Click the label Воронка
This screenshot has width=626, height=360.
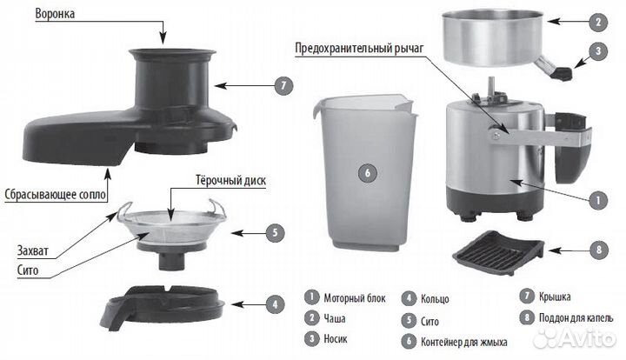pyautogui.click(x=55, y=14)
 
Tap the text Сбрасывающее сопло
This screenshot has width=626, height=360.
pyautogui.click(x=56, y=195)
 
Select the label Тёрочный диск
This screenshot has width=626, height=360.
pyautogui.click(x=230, y=180)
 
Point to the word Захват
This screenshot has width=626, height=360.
pyautogui.click(x=33, y=250)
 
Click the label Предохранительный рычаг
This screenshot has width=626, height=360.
pyautogui.click(x=359, y=49)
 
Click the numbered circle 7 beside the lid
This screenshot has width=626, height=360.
pyautogui.click(x=283, y=86)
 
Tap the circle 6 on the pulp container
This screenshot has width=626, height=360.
pyautogui.click(x=368, y=173)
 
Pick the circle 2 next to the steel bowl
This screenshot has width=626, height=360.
pyautogui.click(x=598, y=22)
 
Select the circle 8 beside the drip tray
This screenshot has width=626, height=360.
pyautogui.click(x=599, y=250)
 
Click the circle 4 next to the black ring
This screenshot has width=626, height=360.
pyautogui.click(x=275, y=304)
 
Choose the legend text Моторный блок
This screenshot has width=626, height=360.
pyautogui.click(x=355, y=298)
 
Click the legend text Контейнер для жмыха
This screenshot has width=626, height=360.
pyautogui.click(x=464, y=342)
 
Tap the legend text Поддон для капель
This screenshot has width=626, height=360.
pyautogui.click(x=576, y=317)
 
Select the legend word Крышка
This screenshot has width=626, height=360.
pyautogui.click(x=555, y=297)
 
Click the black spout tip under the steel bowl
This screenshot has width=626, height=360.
pyautogui.click(x=563, y=73)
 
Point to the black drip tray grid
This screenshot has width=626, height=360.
pyautogui.click(x=498, y=252)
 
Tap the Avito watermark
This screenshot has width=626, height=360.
pyautogui.click(x=574, y=338)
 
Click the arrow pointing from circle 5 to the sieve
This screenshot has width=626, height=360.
pyautogui.click(x=248, y=233)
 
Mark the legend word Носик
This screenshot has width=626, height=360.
pyautogui.click(x=336, y=339)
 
